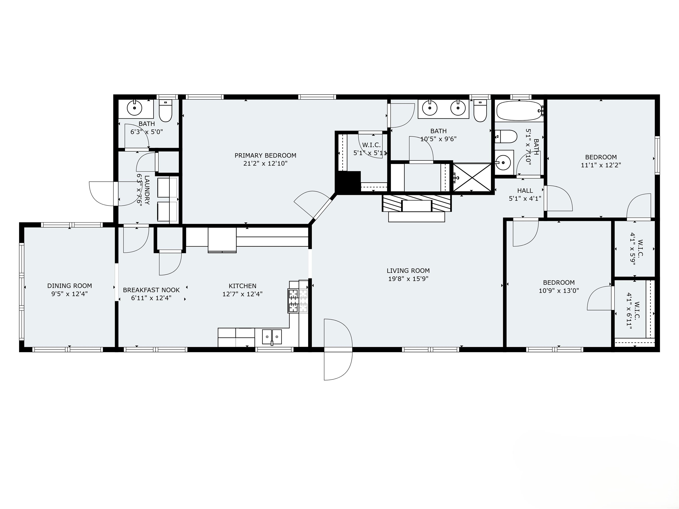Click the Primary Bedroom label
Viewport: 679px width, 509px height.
pyautogui.click(x=265, y=156)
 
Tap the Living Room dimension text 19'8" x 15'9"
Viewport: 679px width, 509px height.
pyautogui.click(x=408, y=279)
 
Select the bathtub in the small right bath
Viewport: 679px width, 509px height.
pyautogui.click(x=519, y=111)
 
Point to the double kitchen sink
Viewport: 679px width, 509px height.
pyautogui.click(x=272, y=337)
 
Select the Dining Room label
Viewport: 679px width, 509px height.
pyautogui.click(x=69, y=286)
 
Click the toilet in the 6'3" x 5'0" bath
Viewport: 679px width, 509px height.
pyautogui.click(x=166, y=111)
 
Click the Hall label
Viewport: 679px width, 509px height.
pyautogui.click(x=525, y=190)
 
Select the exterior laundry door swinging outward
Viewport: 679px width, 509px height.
pyautogui.click(x=103, y=193)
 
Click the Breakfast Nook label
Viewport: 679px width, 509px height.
pyautogui.click(x=151, y=290)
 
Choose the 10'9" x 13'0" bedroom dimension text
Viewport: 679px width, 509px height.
pyautogui.click(x=559, y=291)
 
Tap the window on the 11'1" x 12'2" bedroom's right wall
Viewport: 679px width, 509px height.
pyautogui.click(x=657, y=156)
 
